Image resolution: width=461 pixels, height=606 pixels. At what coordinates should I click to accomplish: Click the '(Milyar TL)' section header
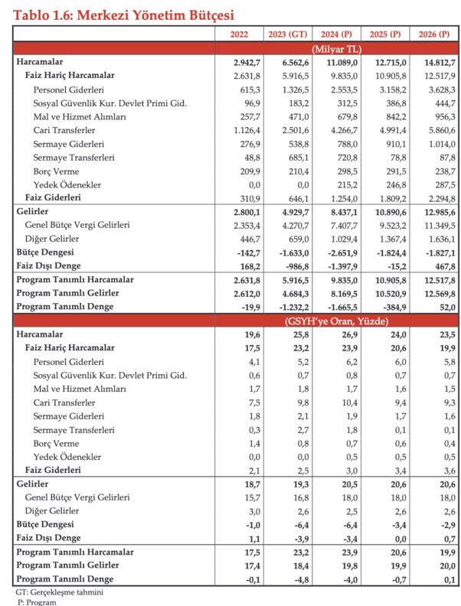[x=337, y=48]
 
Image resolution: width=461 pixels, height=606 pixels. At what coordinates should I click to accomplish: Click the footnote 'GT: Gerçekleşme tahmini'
[x=60, y=592]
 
